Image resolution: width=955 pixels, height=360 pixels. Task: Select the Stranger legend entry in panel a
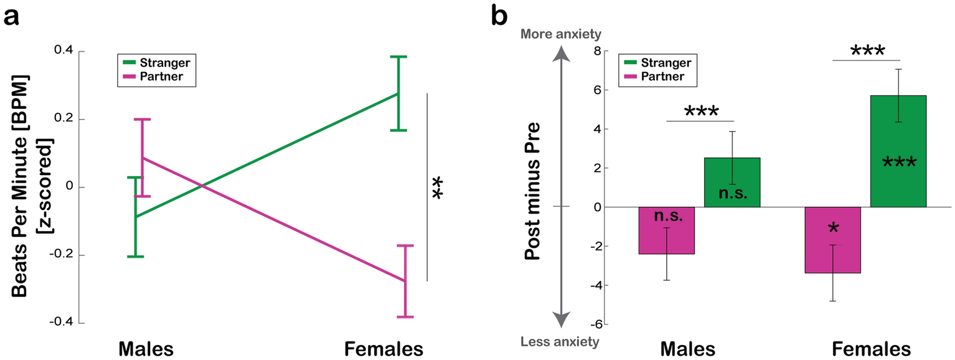[164, 62]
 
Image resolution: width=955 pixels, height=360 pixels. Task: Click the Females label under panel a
[384, 348]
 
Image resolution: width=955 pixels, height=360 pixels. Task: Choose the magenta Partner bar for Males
[667, 230]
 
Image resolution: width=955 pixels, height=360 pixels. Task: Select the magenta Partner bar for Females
[833, 240]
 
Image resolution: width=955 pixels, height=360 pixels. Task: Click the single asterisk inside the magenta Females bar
[833, 229]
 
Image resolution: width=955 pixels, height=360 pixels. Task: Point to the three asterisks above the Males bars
[701, 112]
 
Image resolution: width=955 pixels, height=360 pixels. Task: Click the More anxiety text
[562, 34]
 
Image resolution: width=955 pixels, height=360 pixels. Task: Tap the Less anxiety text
[562, 341]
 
